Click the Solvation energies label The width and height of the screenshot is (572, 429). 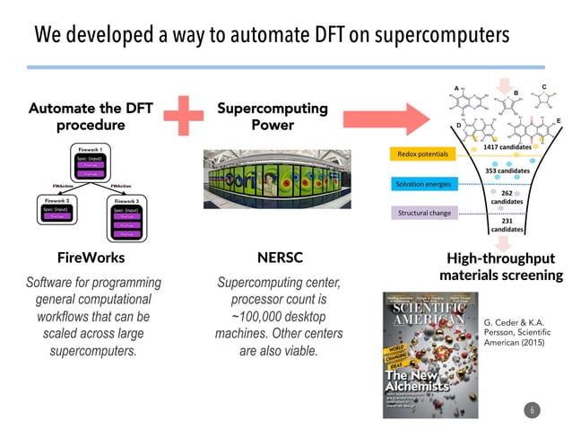click(422, 184)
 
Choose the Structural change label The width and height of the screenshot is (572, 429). click(422, 214)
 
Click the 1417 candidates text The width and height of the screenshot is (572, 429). click(507, 146)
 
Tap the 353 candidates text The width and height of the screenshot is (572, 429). click(507, 170)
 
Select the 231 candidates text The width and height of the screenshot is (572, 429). click(507, 224)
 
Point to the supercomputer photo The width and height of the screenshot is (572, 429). click(273, 184)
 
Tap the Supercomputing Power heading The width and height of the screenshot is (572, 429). click(273, 117)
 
